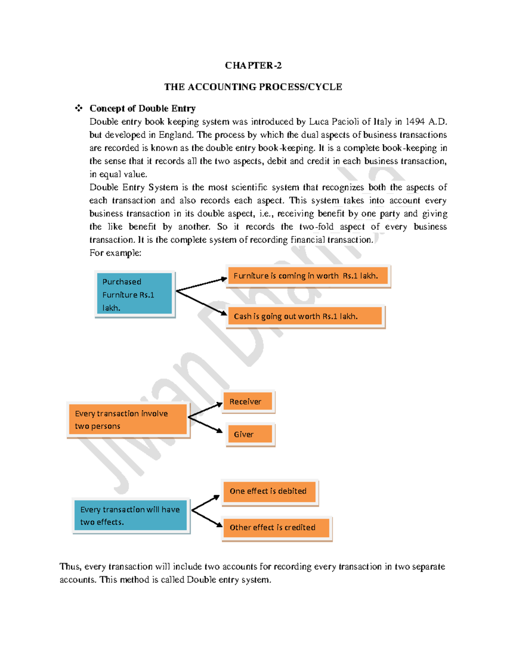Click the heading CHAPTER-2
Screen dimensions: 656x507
(x=253, y=65)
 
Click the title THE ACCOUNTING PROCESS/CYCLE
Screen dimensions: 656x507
(x=253, y=87)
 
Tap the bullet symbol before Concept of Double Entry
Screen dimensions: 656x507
(x=79, y=108)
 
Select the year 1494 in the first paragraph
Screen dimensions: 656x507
(x=415, y=122)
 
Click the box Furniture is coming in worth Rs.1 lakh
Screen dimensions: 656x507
(x=308, y=276)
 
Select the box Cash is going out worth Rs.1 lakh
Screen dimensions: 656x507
(x=305, y=316)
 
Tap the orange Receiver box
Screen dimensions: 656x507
(x=248, y=401)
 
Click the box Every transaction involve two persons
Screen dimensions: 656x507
(x=128, y=419)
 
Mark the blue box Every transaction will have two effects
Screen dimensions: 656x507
(x=131, y=515)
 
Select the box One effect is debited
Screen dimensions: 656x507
(x=269, y=491)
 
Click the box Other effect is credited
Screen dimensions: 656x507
(x=276, y=528)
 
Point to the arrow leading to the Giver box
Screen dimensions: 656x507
(x=206, y=424)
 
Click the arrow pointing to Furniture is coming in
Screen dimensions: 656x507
(x=202, y=284)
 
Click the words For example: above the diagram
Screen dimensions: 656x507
(x=115, y=253)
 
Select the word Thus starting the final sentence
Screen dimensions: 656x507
(x=70, y=566)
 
